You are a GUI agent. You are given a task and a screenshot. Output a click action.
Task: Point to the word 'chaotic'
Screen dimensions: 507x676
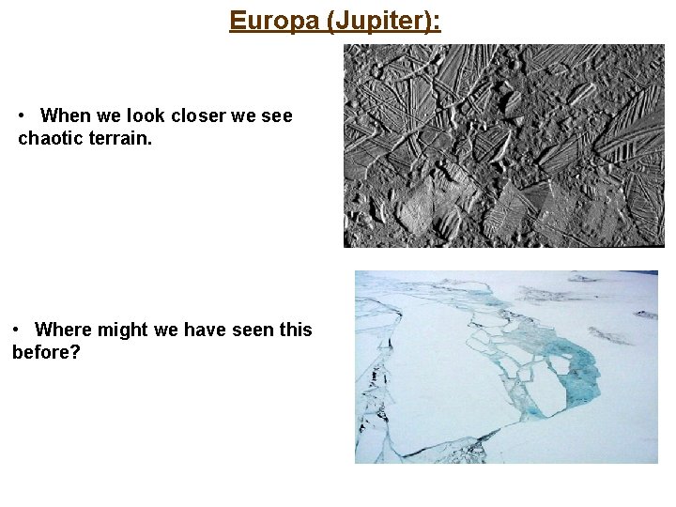(x=49, y=139)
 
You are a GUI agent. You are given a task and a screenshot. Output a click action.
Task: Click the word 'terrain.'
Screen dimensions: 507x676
(x=114, y=139)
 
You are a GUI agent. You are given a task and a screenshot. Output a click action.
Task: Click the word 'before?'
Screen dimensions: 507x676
(x=44, y=353)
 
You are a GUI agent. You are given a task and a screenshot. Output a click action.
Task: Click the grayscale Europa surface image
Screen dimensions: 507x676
(x=503, y=146)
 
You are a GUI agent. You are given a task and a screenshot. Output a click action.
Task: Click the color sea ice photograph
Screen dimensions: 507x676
(x=506, y=366)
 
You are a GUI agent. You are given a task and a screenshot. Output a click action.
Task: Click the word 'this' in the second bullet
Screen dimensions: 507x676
(x=295, y=330)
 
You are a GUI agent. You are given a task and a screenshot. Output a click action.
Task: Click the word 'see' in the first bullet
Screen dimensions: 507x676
(x=277, y=115)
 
